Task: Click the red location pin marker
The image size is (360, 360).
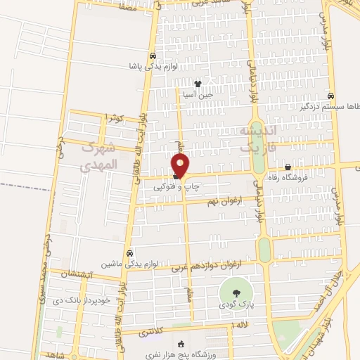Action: pyautogui.click(x=181, y=165)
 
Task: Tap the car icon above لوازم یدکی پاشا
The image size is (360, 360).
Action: pyautogui.click(x=153, y=56)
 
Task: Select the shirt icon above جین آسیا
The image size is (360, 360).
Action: pyautogui.click(x=207, y=84)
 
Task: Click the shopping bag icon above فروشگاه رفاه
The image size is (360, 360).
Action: pyautogui.click(x=288, y=167)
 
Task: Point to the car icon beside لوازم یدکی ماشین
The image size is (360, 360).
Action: pyautogui.click(x=129, y=253)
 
